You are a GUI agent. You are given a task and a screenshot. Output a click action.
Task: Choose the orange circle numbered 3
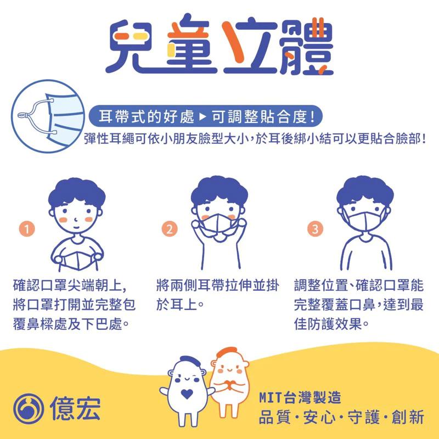[314, 228]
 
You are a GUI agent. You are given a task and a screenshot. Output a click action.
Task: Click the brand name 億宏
[70, 409]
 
